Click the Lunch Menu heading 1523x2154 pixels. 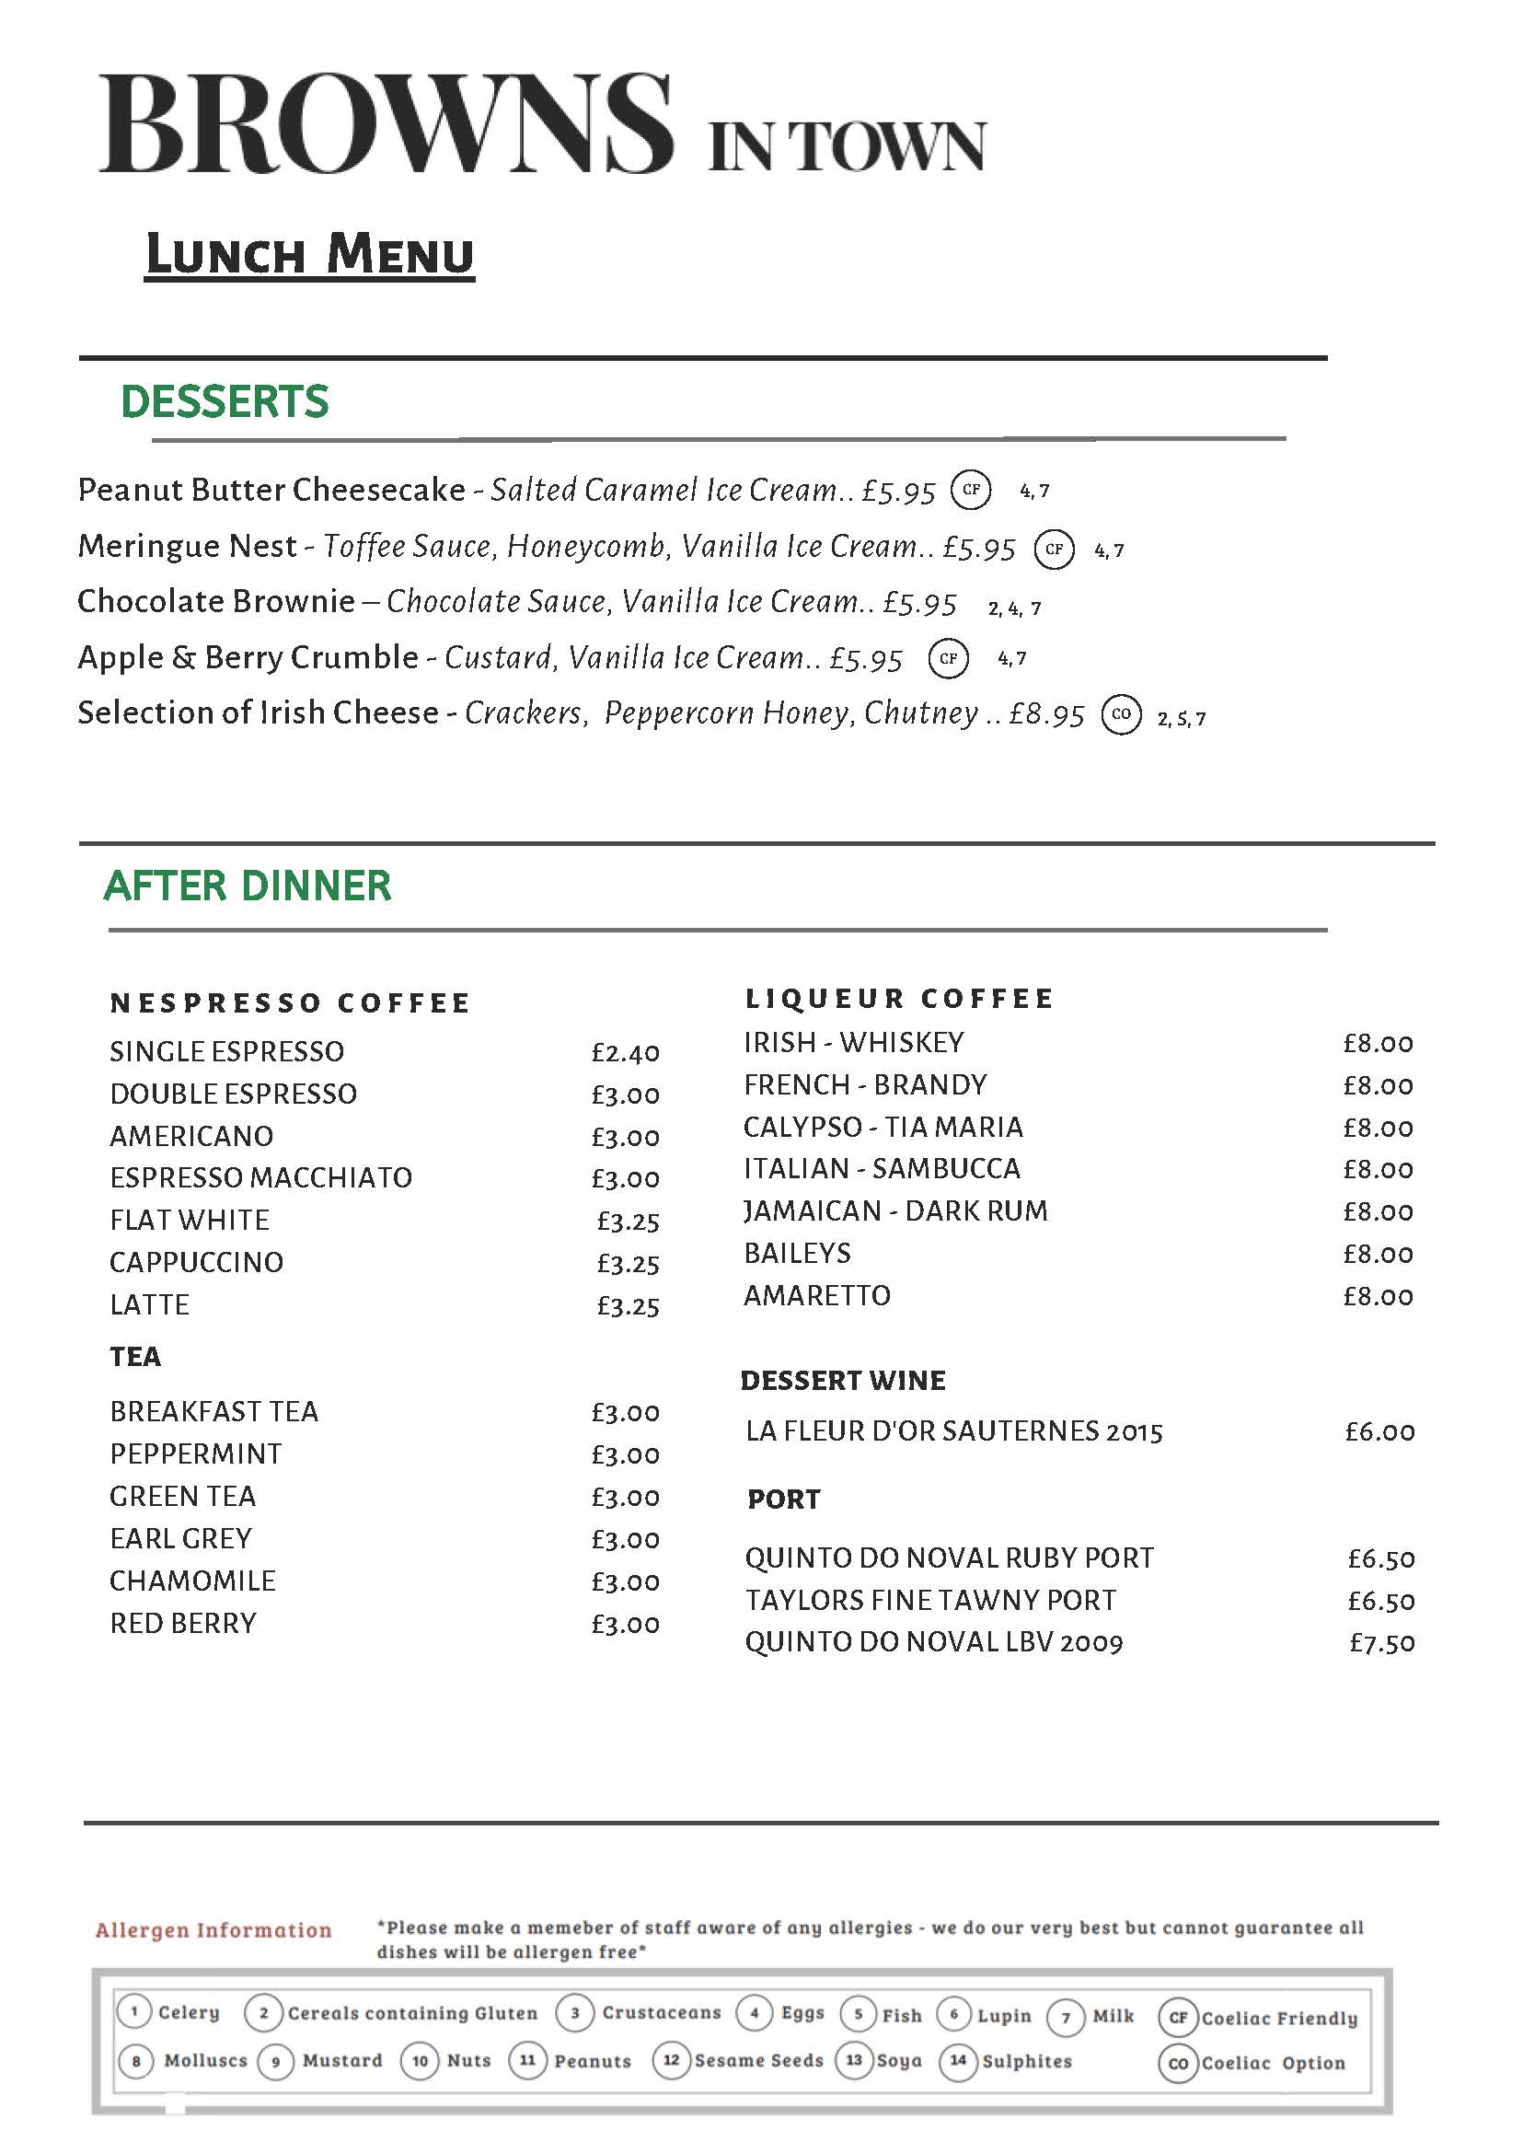coord(309,255)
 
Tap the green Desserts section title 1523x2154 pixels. coord(225,401)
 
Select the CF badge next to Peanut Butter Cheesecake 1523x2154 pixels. coord(971,490)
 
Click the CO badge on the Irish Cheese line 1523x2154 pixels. coord(1121,715)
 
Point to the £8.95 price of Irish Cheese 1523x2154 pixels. coord(1046,715)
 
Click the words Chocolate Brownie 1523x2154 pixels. coord(216,601)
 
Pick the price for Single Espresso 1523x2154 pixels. coord(626,1053)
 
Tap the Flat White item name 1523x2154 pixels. coord(190,1220)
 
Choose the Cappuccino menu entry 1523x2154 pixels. coord(197,1262)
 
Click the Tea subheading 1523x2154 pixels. coord(136,1357)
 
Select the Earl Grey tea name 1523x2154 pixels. coord(181,1538)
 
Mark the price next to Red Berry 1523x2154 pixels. coord(626,1624)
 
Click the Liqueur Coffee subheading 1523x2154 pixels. coord(899,998)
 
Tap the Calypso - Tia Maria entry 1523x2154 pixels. coord(883,1127)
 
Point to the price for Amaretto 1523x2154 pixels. coord(1378,1296)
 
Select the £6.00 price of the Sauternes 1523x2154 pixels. coord(1379,1431)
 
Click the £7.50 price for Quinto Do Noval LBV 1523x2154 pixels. coord(1381,1643)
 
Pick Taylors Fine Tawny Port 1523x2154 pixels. coord(930,1600)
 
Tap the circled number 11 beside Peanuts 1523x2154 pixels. coord(528,2060)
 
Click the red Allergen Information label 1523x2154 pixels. coord(213,1929)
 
